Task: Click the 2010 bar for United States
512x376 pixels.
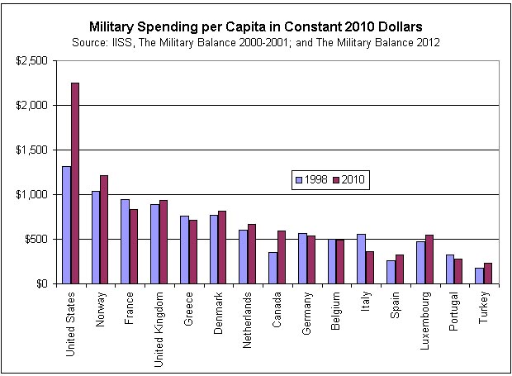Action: click(x=75, y=183)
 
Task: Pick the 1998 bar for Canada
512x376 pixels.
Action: click(x=273, y=268)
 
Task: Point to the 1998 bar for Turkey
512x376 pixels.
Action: click(x=479, y=276)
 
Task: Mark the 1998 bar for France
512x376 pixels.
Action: click(x=125, y=241)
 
